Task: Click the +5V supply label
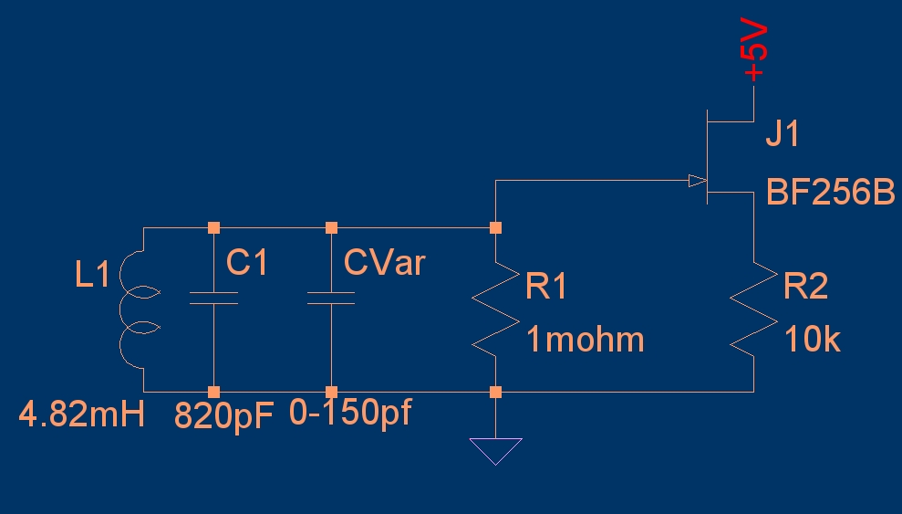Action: point(756,53)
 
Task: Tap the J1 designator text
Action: point(782,135)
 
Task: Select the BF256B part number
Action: point(830,194)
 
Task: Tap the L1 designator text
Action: point(92,274)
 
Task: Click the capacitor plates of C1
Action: point(213,299)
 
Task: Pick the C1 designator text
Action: point(247,264)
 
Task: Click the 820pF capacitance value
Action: point(224,415)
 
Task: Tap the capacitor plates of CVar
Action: point(331,299)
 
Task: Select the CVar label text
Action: point(384,264)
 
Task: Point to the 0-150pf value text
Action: point(350,414)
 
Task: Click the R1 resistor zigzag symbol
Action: point(495,310)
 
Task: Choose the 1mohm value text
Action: point(585,341)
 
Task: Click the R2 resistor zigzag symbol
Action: point(753,310)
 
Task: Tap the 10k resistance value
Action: point(812,341)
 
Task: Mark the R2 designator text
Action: point(806,288)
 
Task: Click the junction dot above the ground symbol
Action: point(495,392)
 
